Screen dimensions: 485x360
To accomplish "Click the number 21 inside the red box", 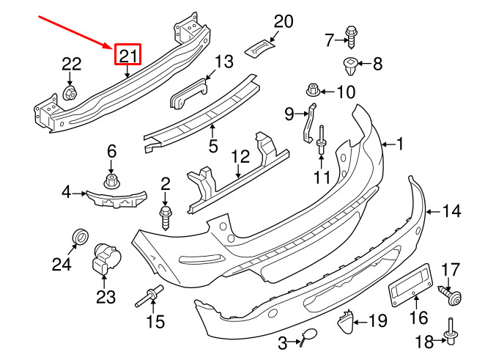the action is [127, 56].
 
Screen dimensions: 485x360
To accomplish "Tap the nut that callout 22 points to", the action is [70, 93].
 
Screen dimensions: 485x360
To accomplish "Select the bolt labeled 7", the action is [351, 37].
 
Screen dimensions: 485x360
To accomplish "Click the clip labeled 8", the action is [350, 66].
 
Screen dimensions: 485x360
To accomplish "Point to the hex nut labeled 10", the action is [313, 90].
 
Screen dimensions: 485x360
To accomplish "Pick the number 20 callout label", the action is [284, 22].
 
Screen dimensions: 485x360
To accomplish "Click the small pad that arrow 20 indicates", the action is [260, 48].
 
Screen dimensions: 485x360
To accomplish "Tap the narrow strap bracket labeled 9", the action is [308, 123].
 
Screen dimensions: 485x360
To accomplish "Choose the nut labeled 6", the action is [111, 181].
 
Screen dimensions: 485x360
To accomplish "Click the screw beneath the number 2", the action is [165, 218].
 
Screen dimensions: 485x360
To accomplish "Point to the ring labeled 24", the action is [81, 238].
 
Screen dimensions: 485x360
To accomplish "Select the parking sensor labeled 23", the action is [106, 259].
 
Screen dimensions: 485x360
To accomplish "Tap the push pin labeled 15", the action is [149, 295].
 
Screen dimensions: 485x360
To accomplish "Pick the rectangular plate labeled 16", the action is [410, 284].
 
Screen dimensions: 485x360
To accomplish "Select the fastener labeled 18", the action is [451, 331].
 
